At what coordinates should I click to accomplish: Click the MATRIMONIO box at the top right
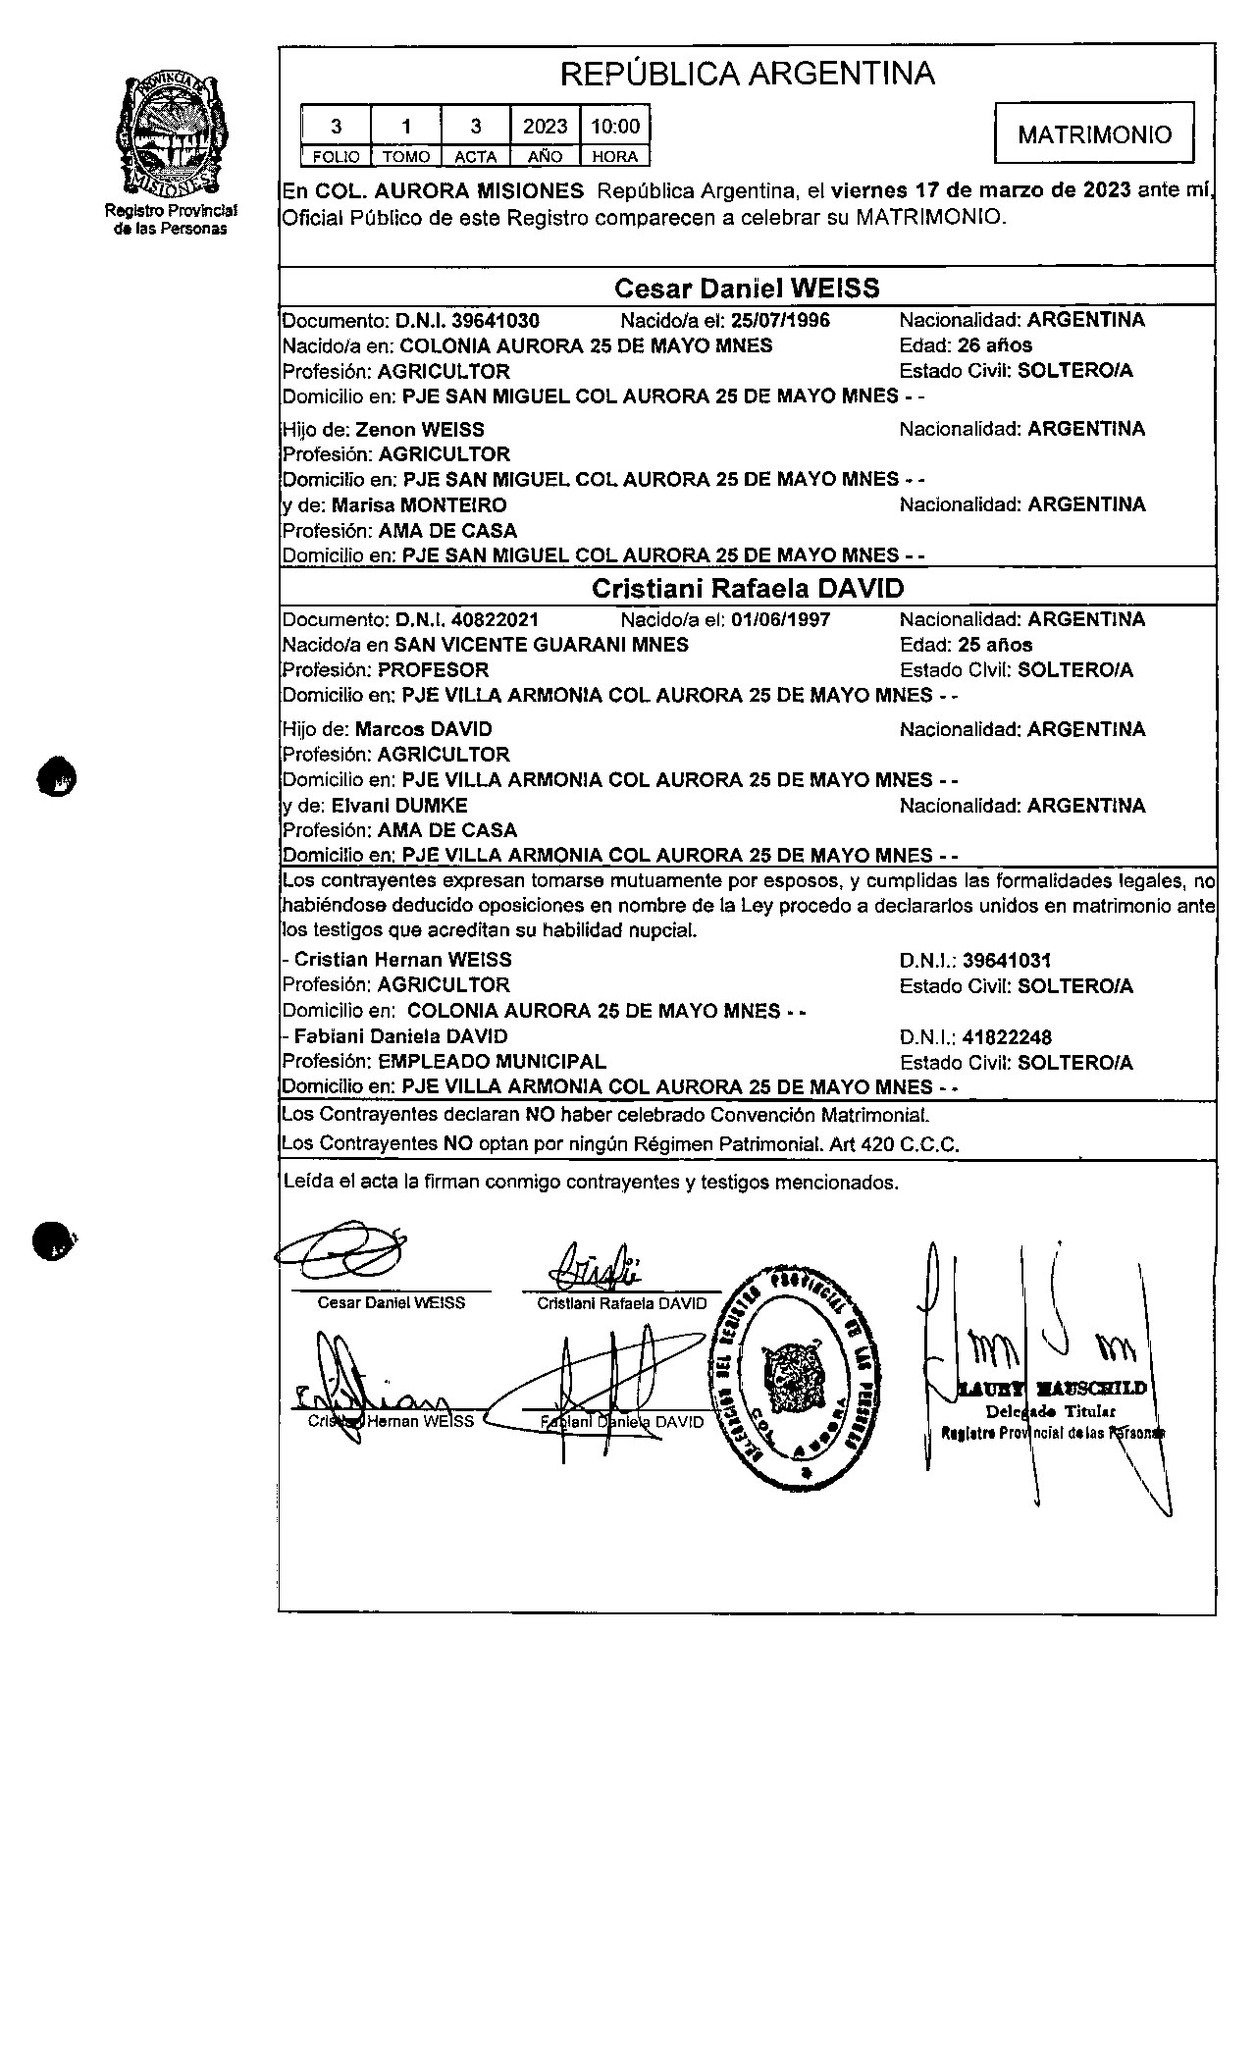[x=1094, y=133]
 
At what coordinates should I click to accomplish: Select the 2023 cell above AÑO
[x=545, y=127]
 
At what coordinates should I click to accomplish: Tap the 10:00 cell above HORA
[x=615, y=127]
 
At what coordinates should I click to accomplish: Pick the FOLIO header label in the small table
[x=336, y=157]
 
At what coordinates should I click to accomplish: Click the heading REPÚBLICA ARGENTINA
[x=747, y=74]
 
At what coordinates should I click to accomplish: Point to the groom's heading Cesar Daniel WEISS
[x=747, y=289]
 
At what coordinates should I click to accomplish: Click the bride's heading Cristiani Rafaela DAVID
[x=747, y=589]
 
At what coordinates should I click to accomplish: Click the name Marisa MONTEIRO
[x=419, y=505]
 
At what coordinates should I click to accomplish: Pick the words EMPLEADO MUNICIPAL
[x=492, y=1062]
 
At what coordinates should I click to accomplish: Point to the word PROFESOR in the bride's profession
[x=433, y=670]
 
